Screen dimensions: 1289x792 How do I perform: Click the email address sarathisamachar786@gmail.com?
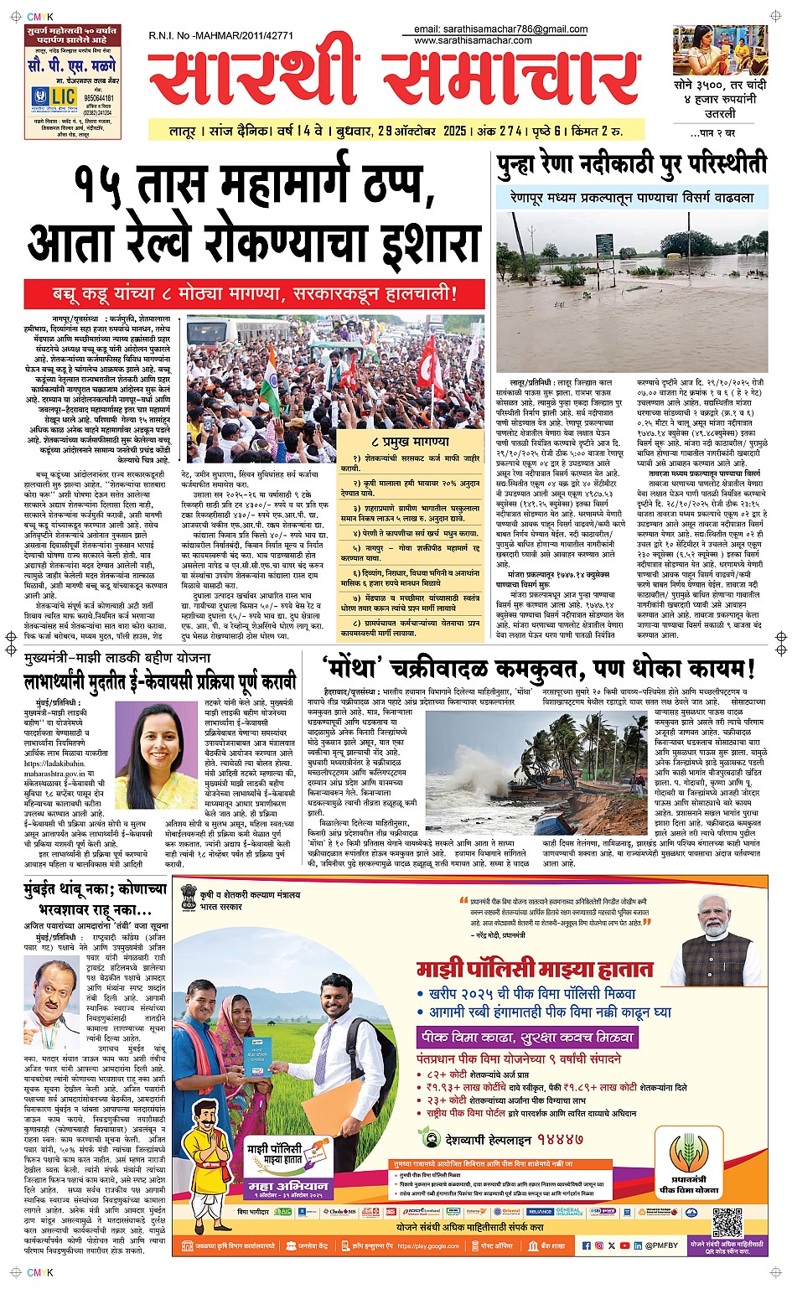[500, 29]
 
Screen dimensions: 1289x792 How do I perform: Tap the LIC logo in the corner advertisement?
[53, 97]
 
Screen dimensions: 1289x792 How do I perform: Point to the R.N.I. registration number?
[220, 36]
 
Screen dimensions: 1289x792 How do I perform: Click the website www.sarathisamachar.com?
[473, 40]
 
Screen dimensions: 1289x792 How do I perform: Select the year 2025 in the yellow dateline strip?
[454, 132]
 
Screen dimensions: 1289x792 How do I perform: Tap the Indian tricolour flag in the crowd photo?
[271, 376]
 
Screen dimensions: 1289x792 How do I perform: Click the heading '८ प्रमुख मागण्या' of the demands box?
[409, 441]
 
